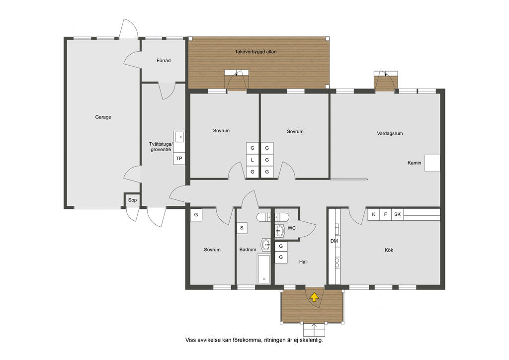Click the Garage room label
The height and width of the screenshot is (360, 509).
(103, 117)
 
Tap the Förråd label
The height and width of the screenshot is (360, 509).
(163, 60)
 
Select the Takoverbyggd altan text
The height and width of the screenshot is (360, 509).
(256, 52)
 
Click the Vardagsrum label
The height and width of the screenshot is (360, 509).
(390, 133)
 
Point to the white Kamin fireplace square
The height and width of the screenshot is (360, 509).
(432, 163)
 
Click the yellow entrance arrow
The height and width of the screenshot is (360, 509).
(314, 297)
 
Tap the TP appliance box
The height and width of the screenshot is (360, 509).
(179, 159)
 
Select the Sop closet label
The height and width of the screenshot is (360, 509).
(132, 200)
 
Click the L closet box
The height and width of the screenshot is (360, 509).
(252, 160)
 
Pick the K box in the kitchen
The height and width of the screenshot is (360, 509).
(374, 215)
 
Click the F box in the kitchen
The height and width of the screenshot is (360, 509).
(386, 215)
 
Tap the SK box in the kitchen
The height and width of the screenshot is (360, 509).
(397, 215)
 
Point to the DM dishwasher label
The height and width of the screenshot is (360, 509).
(334, 241)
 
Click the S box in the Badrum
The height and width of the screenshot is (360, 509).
(242, 228)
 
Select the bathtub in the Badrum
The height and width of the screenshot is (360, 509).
(263, 269)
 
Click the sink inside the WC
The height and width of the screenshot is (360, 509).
(279, 231)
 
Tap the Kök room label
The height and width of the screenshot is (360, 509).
(389, 250)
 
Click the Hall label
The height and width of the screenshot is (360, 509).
(304, 262)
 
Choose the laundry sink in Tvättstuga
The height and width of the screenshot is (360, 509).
(179, 136)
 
